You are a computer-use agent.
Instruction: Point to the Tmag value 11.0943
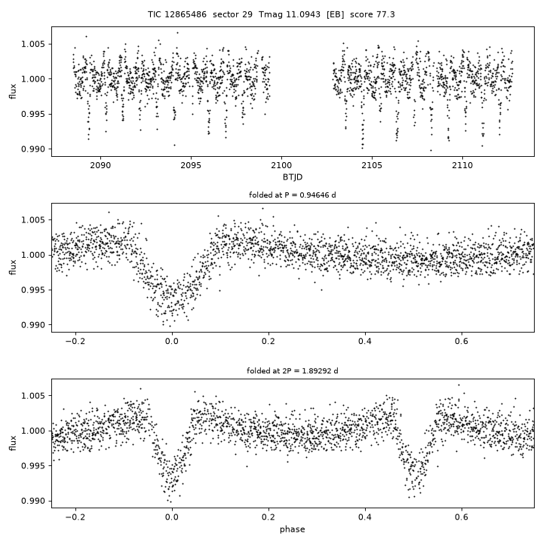click(x=302, y=14)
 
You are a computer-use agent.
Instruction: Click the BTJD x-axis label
click(x=293, y=177)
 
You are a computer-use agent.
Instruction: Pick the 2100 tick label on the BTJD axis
click(x=281, y=165)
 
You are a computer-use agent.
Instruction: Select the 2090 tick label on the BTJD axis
click(x=100, y=165)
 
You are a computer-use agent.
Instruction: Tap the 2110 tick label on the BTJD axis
click(x=462, y=165)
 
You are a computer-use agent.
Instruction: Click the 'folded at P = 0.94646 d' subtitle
click(x=293, y=195)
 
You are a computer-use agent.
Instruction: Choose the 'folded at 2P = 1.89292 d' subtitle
click(x=293, y=371)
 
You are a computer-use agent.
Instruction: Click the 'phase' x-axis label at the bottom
click(x=293, y=529)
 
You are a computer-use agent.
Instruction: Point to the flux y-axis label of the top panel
click(x=13, y=91)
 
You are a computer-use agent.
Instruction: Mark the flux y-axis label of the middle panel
click(x=13, y=267)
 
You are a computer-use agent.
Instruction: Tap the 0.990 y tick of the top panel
click(x=33, y=149)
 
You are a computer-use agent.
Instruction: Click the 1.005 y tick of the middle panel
click(x=33, y=220)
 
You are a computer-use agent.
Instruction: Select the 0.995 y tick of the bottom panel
click(x=33, y=466)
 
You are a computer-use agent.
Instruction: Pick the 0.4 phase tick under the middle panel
click(x=365, y=341)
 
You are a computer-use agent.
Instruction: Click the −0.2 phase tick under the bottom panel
click(x=75, y=517)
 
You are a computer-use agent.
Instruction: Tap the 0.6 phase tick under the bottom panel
click(x=462, y=517)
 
